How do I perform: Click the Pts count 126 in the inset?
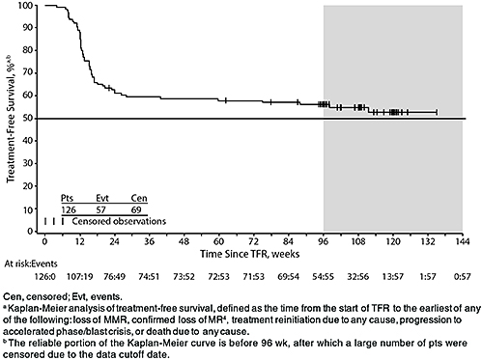point(68,208)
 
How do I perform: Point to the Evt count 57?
point(102,208)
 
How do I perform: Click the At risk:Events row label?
point(30,263)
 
